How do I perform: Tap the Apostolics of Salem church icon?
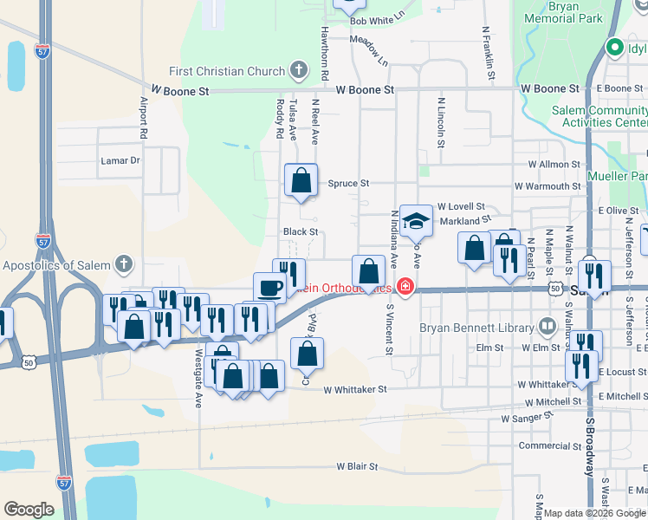[x=125, y=263]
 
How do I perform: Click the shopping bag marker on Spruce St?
[x=301, y=180]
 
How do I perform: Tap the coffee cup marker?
[x=269, y=288]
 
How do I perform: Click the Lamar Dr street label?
[x=120, y=160]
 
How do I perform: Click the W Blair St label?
[x=352, y=466]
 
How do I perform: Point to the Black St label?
[x=301, y=232]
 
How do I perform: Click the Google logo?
[x=29, y=510]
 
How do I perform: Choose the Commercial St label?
[x=548, y=445]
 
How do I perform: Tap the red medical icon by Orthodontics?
[x=404, y=287]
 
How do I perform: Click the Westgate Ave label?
[x=198, y=380]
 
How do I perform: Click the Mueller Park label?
[x=622, y=184]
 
